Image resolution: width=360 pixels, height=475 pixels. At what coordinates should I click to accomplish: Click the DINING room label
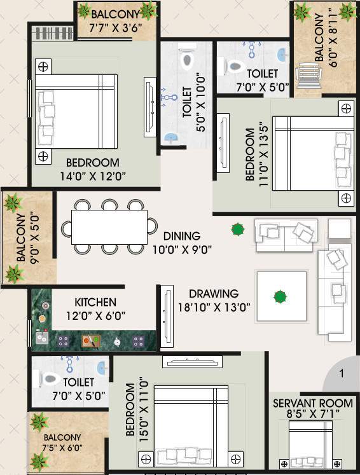pos(181,236)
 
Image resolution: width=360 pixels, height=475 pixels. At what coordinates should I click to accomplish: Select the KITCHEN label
pos(95,302)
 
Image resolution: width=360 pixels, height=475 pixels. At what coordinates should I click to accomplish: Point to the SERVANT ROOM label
pos(312,403)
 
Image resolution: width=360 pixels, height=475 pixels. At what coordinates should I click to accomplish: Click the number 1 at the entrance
pos(342,373)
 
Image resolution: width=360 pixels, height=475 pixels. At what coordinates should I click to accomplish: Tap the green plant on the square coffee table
pos(279,296)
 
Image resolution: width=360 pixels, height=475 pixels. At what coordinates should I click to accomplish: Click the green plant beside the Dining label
pos(237,229)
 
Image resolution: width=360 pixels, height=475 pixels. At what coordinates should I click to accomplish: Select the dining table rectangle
pos(109,226)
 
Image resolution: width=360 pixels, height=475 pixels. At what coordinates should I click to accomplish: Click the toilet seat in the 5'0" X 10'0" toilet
pos(187,60)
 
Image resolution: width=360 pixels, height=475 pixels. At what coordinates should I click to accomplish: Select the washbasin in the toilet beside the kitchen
pos(102,368)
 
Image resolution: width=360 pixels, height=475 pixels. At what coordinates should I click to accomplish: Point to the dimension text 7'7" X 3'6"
pos(114,27)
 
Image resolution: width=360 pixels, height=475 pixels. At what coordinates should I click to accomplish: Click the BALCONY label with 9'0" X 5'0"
pos(22,238)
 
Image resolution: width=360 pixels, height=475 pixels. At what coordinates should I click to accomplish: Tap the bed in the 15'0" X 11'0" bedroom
pos(191,426)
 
